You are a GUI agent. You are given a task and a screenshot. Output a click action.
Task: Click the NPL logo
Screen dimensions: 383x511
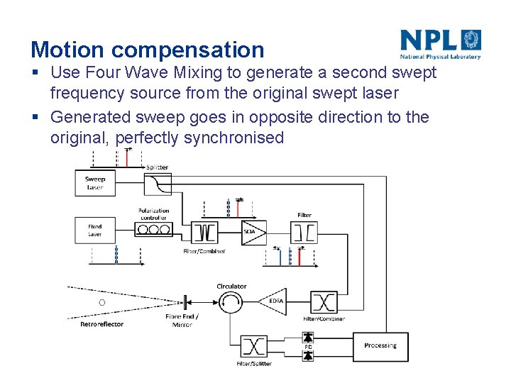pyautogui.click(x=440, y=44)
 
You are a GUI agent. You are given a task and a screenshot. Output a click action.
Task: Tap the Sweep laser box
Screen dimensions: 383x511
pyautogui.click(x=95, y=184)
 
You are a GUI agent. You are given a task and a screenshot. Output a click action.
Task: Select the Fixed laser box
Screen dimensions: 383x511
pyautogui.click(x=95, y=231)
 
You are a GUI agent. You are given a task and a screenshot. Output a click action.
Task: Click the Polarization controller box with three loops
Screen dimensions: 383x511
pyautogui.click(x=153, y=230)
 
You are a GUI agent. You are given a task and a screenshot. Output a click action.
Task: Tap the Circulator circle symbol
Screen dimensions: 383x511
pyautogui.click(x=231, y=303)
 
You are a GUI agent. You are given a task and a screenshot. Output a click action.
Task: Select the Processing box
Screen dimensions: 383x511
pyautogui.click(x=380, y=345)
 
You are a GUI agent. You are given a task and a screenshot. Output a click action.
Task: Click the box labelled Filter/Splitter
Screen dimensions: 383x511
pyautogui.click(x=253, y=346)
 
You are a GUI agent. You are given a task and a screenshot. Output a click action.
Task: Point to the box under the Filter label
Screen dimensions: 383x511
pyautogui.click(x=304, y=231)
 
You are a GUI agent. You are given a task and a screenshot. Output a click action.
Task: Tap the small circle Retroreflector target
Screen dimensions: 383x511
pyautogui.click(x=101, y=302)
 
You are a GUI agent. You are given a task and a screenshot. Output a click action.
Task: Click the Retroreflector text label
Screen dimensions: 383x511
pyautogui.click(x=101, y=324)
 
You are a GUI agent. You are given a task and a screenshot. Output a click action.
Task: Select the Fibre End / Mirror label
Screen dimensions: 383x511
pyautogui.click(x=182, y=321)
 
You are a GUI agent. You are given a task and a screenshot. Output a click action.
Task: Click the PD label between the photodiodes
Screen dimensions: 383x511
pyautogui.click(x=308, y=347)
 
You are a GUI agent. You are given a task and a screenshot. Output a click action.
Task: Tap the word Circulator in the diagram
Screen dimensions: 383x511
pyautogui.click(x=231, y=287)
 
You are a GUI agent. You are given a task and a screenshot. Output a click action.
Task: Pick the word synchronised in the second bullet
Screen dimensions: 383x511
pyautogui.click(x=233, y=137)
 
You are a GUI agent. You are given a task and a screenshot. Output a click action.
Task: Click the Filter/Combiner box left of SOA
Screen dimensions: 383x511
pyautogui.click(x=204, y=232)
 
